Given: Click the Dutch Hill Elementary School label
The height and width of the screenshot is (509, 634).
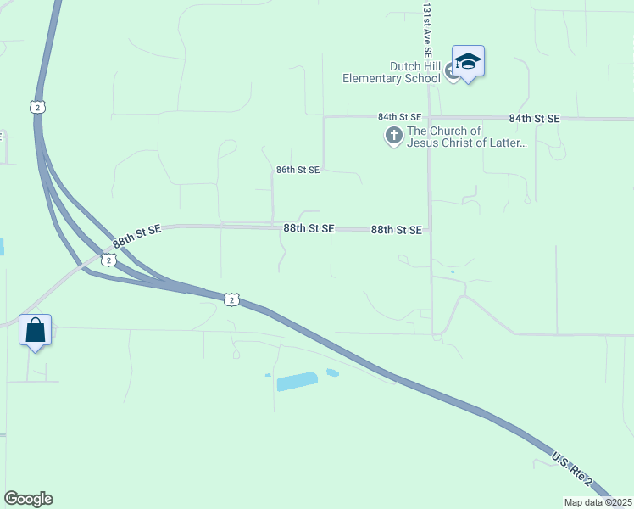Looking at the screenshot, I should (392, 72).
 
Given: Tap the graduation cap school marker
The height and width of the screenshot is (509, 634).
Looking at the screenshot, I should (468, 61).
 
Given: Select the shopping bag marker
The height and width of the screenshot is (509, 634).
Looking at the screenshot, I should (35, 329).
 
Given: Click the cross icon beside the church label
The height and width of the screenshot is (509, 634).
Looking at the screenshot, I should (393, 135).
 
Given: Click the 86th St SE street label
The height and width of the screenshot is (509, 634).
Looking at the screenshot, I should (298, 170).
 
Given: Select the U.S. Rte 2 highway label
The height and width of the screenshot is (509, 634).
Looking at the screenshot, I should (572, 468).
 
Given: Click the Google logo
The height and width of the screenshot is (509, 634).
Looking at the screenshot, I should (28, 499).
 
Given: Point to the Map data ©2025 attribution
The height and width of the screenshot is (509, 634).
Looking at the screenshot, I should (598, 502).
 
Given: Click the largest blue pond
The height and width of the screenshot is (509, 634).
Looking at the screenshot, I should (297, 381).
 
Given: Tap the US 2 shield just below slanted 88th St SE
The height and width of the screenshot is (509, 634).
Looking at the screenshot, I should (108, 260).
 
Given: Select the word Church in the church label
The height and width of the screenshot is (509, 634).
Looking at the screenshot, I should (447, 131).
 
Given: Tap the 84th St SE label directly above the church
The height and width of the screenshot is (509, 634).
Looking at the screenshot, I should (400, 116).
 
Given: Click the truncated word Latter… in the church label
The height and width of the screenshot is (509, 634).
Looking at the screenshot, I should (508, 143).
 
